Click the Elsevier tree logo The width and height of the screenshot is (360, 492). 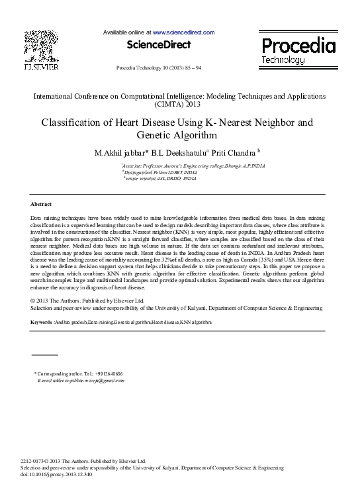point(40,46)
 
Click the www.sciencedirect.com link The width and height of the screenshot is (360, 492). point(183,32)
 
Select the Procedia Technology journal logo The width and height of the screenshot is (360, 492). point(297,50)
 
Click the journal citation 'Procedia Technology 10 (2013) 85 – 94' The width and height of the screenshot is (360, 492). point(159,68)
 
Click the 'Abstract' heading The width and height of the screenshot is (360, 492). point(41,204)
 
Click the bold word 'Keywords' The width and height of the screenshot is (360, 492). point(41,322)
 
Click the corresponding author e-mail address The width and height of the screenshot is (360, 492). point(91,381)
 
